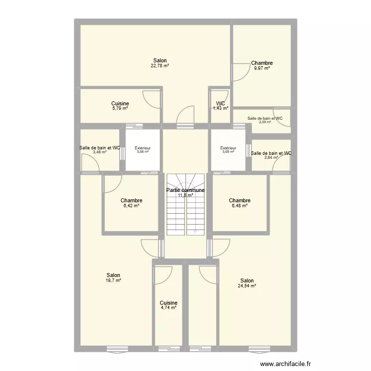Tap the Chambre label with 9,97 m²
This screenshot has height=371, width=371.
(x=262, y=63)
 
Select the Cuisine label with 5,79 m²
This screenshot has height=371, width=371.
(x=120, y=103)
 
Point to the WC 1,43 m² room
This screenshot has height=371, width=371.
(x=221, y=106)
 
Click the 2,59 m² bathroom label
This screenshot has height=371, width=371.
(x=265, y=122)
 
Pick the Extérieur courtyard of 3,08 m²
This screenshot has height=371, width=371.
(x=142, y=150)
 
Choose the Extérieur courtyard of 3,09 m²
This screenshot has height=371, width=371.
(x=228, y=150)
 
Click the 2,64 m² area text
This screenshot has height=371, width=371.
(x=271, y=158)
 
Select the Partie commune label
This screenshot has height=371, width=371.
(x=185, y=190)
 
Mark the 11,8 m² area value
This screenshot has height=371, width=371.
(x=185, y=195)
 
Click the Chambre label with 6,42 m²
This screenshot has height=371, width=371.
(x=132, y=201)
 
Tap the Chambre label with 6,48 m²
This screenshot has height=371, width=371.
(x=239, y=201)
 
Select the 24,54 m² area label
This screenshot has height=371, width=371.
(x=247, y=285)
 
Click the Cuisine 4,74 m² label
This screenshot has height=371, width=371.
(x=169, y=303)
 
